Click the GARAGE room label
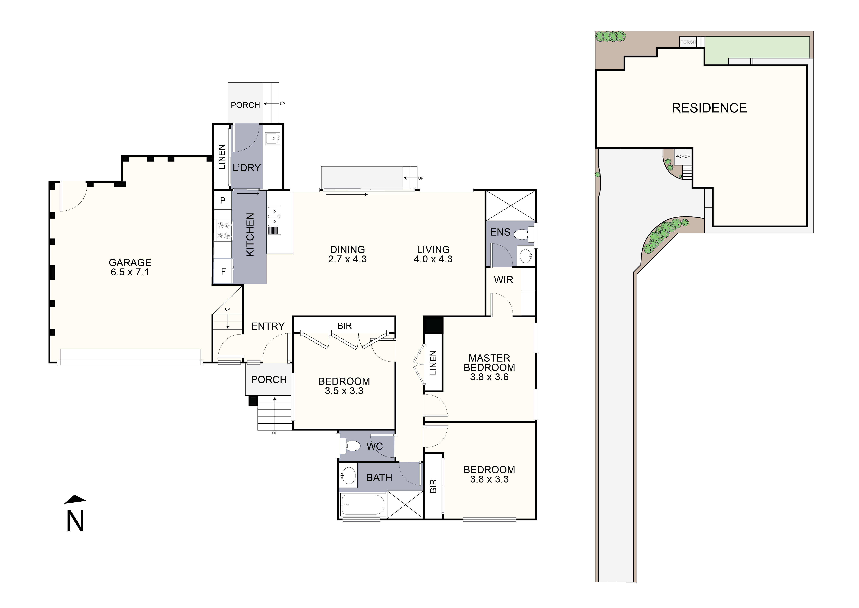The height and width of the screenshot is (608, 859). click(130, 262)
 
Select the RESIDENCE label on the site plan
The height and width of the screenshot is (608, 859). click(709, 108)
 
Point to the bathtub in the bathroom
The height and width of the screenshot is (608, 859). click(362, 505)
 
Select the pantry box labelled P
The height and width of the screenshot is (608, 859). click(223, 201)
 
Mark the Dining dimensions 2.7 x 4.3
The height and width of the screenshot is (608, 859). click(347, 259)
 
